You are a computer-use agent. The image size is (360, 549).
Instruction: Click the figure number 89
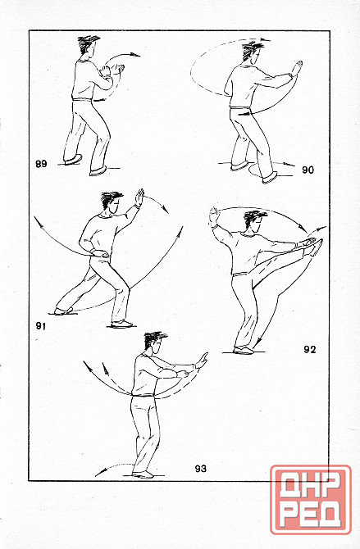[x=41, y=164]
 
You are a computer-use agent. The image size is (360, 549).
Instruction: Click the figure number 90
[x=308, y=170]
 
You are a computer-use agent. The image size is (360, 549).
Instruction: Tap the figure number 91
[x=41, y=326]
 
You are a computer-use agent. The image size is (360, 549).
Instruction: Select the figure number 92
[x=309, y=349]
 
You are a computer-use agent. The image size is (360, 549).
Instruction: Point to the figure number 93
[x=201, y=469]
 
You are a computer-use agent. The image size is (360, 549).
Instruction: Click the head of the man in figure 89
[x=88, y=46]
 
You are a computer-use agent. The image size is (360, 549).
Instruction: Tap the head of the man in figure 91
[x=112, y=204]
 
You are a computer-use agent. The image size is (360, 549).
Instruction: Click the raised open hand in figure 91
[x=140, y=197]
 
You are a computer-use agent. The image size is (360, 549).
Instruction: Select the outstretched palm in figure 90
[x=297, y=68]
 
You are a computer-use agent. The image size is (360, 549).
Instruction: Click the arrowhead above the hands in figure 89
[x=135, y=55]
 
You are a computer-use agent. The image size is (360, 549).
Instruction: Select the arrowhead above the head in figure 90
[x=266, y=39]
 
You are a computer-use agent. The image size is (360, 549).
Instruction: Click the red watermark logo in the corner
[x=311, y=500]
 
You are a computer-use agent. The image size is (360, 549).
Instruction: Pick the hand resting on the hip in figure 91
[x=98, y=253]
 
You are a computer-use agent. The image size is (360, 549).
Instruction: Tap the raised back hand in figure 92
[x=213, y=216]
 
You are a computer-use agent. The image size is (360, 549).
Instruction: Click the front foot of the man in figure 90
[x=269, y=178]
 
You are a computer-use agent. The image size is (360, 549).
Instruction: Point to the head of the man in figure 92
[x=255, y=221]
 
